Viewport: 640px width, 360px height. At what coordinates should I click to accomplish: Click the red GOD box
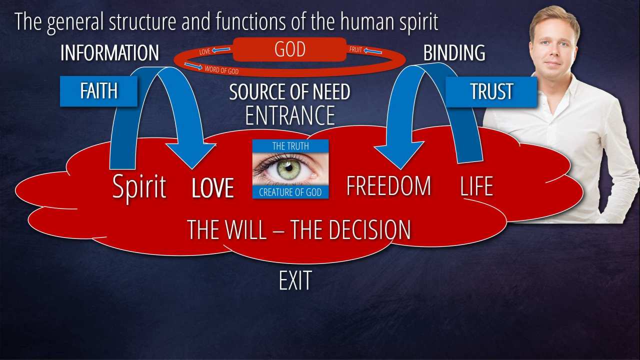tap(289, 50)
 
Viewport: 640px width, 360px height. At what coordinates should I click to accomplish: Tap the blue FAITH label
tap(98, 91)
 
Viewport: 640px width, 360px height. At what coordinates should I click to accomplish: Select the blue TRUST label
tap(491, 91)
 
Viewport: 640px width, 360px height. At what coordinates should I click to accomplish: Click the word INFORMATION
tap(109, 53)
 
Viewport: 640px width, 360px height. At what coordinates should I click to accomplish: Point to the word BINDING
tap(454, 53)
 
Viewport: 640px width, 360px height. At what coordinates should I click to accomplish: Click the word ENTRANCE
tap(289, 115)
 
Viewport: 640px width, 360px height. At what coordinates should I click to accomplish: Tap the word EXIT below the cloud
tap(295, 281)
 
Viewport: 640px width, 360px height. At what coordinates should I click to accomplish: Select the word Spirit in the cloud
tap(139, 187)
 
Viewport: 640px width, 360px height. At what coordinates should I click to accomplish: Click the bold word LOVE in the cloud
tap(213, 188)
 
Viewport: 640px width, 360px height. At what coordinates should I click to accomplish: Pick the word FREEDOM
tap(388, 186)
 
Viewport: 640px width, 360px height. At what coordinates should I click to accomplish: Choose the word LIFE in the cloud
tap(476, 186)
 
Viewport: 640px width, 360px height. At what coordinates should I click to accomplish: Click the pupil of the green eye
tap(289, 168)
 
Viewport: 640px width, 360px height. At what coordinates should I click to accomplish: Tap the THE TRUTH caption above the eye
tap(290, 146)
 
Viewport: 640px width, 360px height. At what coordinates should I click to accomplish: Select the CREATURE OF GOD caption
tap(290, 192)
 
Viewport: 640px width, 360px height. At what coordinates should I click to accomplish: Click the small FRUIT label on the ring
tap(356, 50)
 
